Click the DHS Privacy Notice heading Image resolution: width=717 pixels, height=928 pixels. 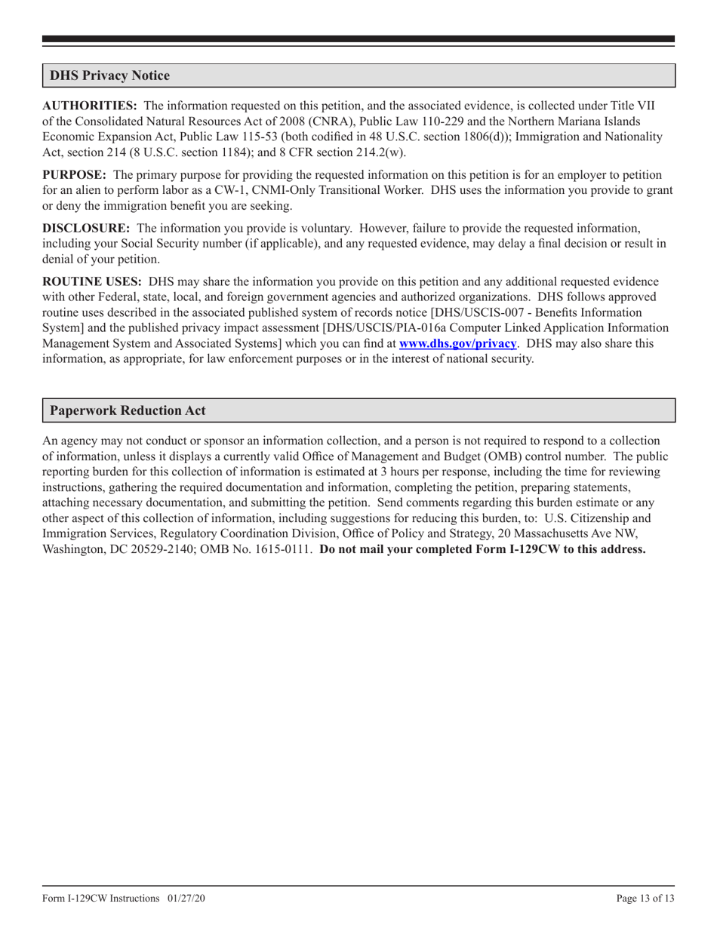pyautogui.click(x=109, y=75)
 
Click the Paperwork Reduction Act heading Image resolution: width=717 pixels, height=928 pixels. pyautogui.click(x=128, y=410)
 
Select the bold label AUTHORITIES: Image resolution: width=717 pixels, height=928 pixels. pyautogui.click(x=89, y=106)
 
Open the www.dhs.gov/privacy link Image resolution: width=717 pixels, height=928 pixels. pyautogui.click(x=457, y=343)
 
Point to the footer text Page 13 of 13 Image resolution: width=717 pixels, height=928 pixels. pyautogui.click(x=645, y=899)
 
